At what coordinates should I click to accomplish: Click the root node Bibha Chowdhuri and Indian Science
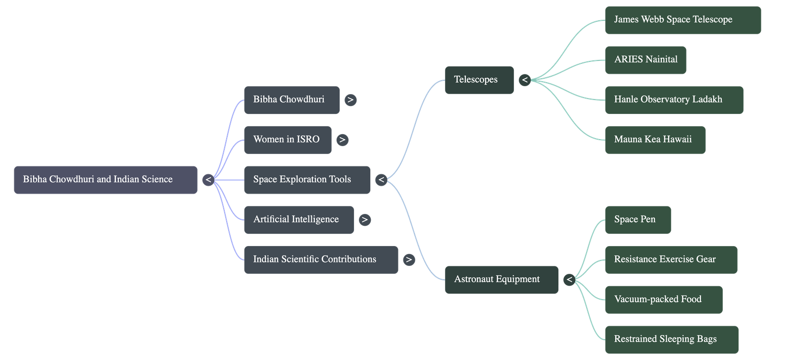(x=105, y=180)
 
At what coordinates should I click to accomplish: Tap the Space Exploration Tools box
(x=307, y=180)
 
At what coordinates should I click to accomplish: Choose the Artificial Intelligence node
(x=298, y=220)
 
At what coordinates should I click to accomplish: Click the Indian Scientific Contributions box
(x=320, y=259)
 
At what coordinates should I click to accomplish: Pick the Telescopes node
(x=479, y=80)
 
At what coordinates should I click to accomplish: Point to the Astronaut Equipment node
(x=501, y=279)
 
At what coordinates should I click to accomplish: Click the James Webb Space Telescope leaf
(x=682, y=20)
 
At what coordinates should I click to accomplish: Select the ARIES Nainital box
(x=645, y=60)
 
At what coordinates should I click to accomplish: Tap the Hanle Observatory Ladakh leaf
(x=673, y=100)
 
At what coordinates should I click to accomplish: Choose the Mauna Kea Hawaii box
(x=654, y=140)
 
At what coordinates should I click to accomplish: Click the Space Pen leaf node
(x=637, y=220)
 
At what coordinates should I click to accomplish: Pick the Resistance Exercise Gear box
(x=670, y=259)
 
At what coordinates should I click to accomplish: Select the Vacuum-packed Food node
(x=663, y=300)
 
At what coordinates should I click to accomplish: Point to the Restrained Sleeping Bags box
(x=671, y=339)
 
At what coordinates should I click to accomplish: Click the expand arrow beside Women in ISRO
(x=342, y=140)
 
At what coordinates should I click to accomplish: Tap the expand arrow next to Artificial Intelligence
(x=364, y=220)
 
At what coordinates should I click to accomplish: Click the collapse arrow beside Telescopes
(x=525, y=80)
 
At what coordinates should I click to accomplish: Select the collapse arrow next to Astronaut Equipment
(x=569, y=280)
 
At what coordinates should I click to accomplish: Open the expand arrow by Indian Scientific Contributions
(x=409, y=259)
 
